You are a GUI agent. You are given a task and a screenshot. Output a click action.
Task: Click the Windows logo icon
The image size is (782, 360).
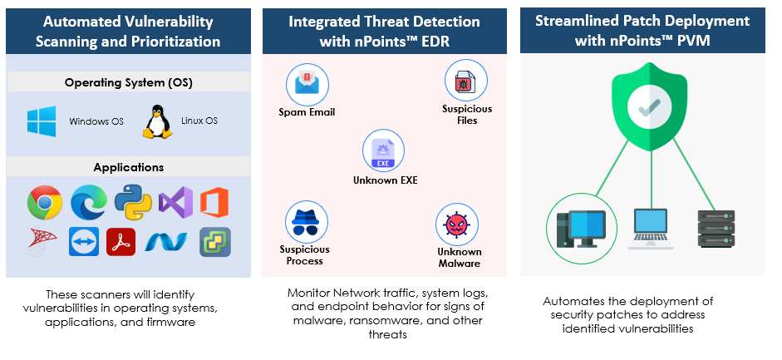42,121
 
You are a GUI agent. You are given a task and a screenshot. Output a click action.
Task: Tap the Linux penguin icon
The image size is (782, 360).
157,121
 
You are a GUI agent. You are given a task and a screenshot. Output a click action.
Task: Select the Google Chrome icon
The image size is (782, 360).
45,202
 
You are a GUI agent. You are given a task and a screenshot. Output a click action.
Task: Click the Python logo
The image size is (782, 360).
133,202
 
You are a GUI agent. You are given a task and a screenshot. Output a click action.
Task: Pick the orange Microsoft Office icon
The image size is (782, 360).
214,202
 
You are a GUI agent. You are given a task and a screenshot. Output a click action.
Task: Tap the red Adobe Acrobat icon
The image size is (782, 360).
121,242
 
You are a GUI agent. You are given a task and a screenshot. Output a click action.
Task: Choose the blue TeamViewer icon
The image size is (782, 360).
84,242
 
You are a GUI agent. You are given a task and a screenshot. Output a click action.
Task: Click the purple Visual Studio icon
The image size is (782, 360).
175,202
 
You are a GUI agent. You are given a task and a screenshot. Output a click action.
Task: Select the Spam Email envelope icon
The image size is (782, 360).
307,84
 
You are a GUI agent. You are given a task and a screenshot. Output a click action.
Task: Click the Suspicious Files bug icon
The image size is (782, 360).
466,81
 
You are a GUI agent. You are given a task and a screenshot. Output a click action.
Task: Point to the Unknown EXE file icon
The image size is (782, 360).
383,151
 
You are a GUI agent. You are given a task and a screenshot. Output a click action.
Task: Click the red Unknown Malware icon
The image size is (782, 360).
457,224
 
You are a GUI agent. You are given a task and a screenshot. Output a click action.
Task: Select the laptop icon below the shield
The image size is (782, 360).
651,229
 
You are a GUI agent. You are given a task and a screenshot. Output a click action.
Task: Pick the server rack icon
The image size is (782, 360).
716,229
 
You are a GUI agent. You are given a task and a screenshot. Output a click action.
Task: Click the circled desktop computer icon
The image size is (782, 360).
582,229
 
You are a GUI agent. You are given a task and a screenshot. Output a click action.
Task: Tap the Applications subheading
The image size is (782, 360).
129,167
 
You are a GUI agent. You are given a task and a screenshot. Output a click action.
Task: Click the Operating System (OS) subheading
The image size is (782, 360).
129,82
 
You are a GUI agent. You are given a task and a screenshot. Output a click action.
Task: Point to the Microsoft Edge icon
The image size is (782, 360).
89,202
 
